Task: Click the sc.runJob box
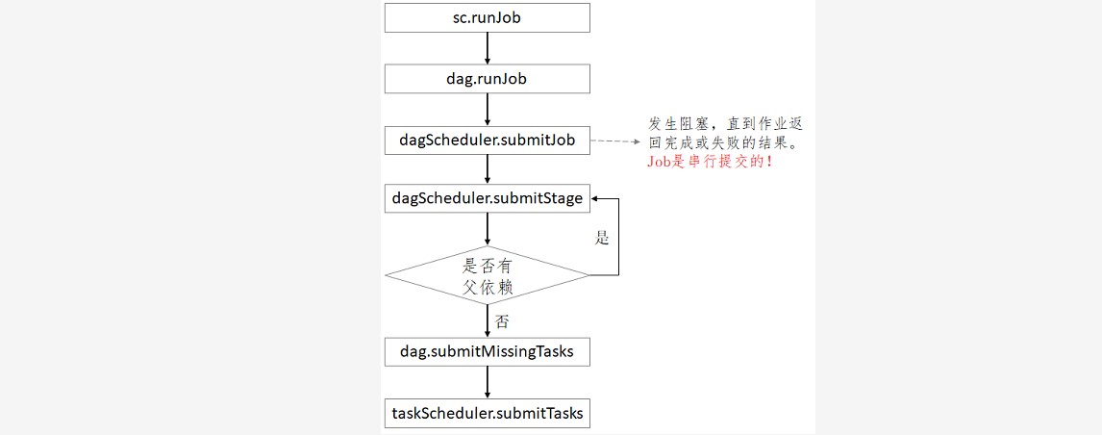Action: pos(487,17)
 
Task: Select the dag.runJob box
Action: pos(487,79)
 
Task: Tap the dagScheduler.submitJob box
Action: pos(487,141)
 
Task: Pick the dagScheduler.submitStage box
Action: pos(487,199)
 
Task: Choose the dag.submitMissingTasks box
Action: pos(487,351)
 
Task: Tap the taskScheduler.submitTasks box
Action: pos(487,414)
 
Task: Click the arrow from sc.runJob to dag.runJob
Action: pos(488,48)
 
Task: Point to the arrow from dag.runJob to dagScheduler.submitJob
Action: pos(488,110)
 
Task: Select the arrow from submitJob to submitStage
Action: pos(488,169)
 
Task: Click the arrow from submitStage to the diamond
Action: pos(488,229)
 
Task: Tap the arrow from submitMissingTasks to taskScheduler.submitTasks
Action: pos(488,383)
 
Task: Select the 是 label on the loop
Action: pos(602,238)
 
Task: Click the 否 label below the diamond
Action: pos(501,321)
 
